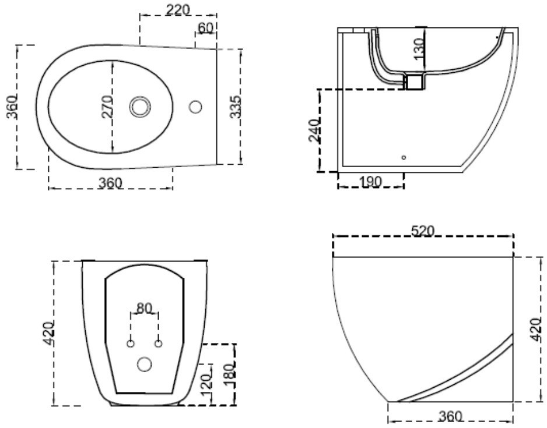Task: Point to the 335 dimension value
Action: coord(236,106)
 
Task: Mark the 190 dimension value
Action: coord(370,182)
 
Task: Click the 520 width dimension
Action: coord(422,231)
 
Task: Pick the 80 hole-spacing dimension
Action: coord(145,307)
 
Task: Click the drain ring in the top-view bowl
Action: coord(140,107)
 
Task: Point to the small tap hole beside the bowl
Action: coord(196,107)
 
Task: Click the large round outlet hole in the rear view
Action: coord(144,365)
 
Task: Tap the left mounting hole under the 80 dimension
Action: coord(131,343)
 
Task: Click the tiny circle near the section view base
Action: coord(404,157)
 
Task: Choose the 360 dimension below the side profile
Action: coord(450,416)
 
